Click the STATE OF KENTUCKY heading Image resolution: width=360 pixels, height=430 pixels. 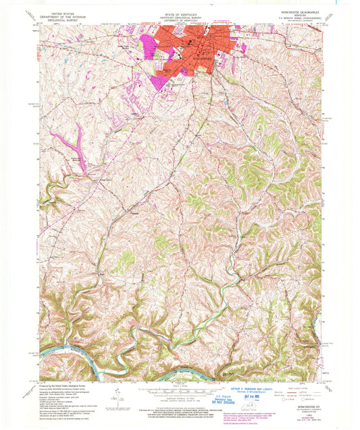pos(180,6)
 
